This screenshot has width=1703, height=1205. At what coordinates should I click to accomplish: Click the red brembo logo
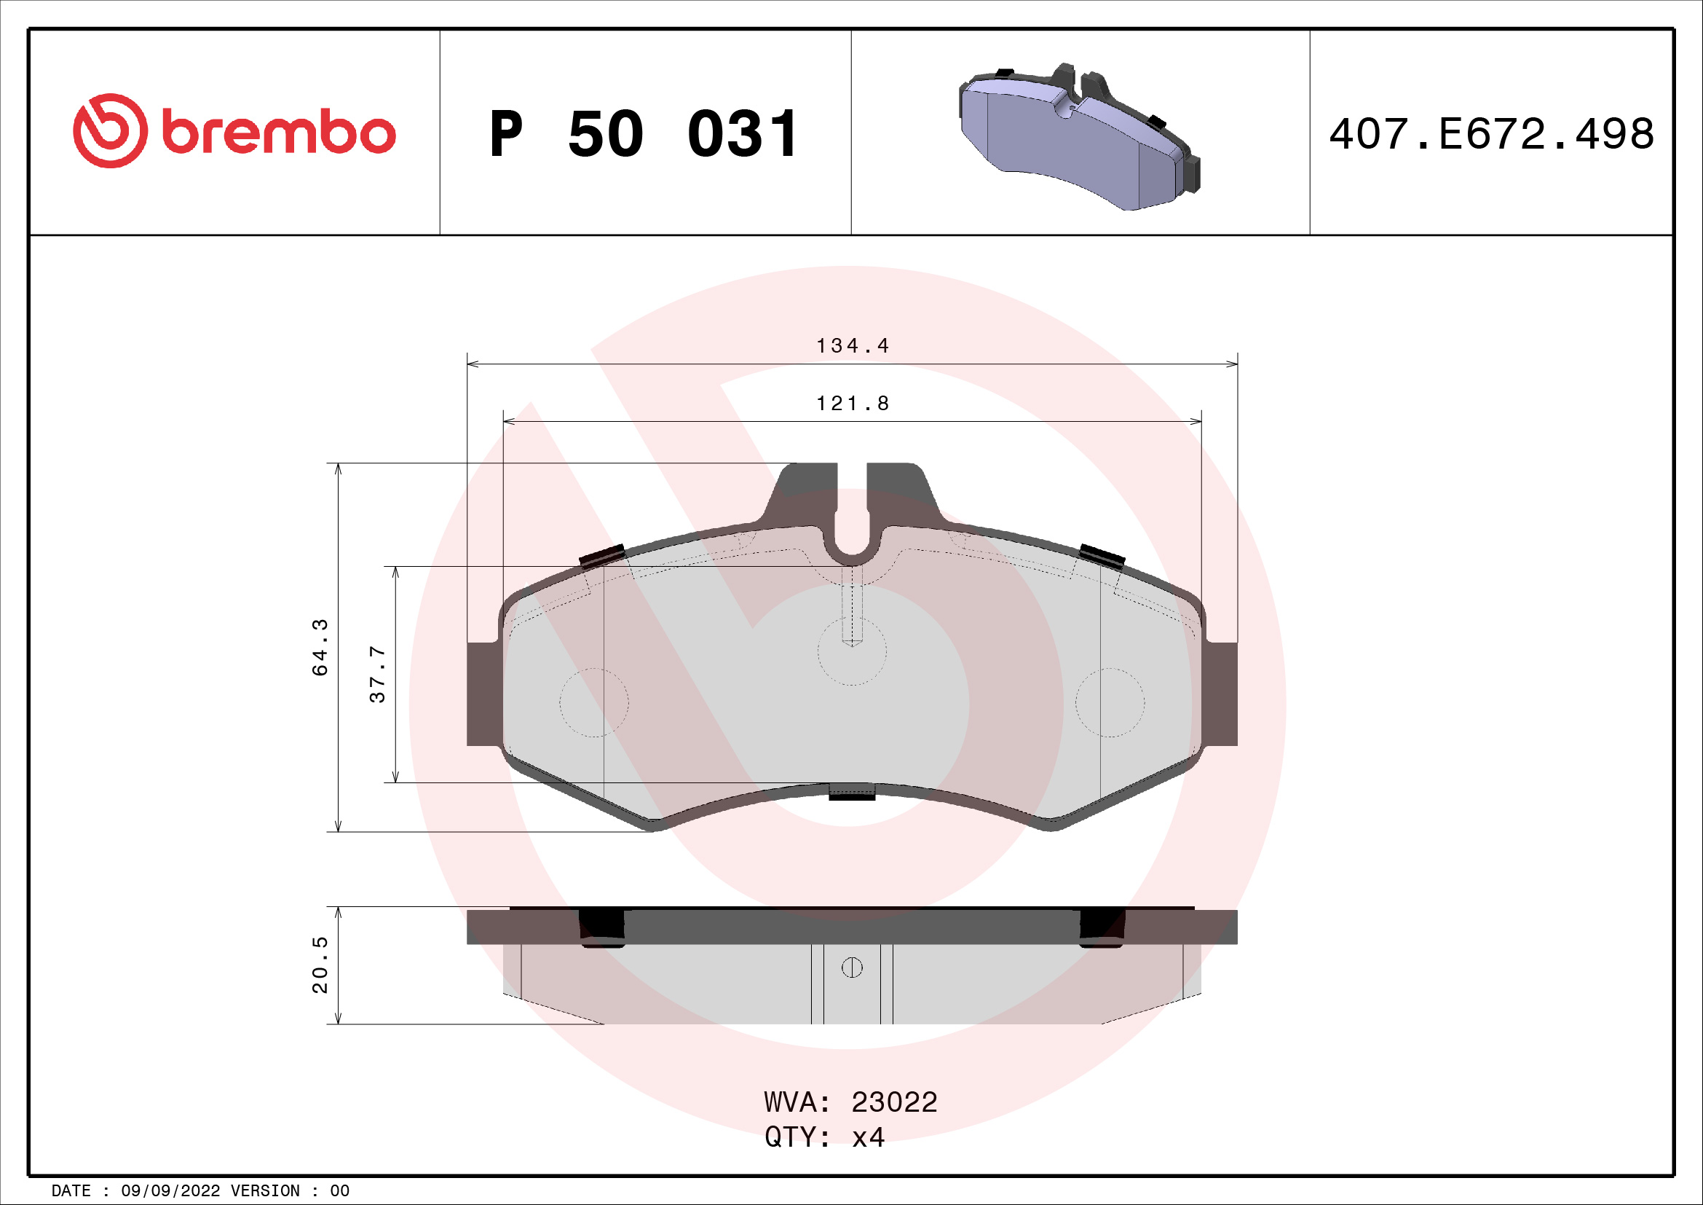pos(234,131)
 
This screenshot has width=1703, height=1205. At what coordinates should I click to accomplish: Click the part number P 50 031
pos(644,134)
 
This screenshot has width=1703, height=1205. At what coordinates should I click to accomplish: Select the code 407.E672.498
pos(1491,134)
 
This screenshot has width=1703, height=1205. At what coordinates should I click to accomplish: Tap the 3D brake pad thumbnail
pos(1079,137)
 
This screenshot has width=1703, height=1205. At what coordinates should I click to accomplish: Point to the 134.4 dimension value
pos(852,346)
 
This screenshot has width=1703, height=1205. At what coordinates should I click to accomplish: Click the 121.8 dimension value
pos(852,404)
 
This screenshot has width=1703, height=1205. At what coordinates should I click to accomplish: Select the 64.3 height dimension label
pos(320,646)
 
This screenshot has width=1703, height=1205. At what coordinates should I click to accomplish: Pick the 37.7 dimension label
pos(378,675)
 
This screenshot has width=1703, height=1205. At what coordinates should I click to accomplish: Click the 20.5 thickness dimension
pos(320,965)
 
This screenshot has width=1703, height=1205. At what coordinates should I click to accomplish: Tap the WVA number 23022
pos(894,1102)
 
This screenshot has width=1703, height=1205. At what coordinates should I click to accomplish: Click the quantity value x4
pos(868,1137)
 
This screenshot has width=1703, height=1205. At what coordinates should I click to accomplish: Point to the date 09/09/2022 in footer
pos(170,1191)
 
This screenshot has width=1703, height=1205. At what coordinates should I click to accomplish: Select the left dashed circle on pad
pos(593,702)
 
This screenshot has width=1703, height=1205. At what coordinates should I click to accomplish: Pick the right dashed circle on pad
pos(1110,702)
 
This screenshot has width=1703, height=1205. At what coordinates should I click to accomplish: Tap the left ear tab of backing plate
pos(483,694)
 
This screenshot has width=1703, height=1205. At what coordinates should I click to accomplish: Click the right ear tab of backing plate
pos(1220,694)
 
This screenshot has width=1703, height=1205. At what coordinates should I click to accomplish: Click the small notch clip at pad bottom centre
pos(852,793)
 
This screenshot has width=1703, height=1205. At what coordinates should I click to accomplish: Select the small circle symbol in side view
pos(852,967)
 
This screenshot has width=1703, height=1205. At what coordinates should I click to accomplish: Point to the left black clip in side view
pos(601,927)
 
